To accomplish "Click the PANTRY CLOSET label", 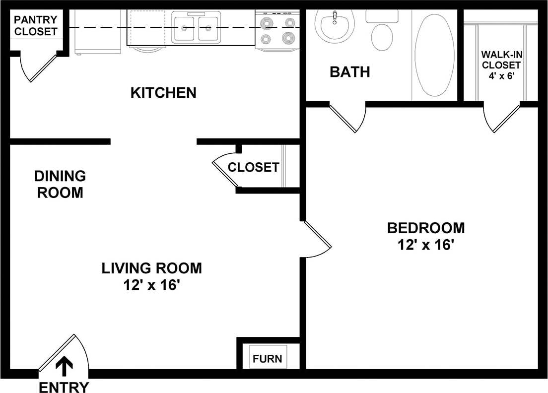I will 35,25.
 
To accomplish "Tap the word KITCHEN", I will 163,93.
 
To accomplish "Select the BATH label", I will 350,72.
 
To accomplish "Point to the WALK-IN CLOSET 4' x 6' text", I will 501,65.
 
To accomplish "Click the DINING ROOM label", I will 60,184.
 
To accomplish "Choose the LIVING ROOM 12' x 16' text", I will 151,276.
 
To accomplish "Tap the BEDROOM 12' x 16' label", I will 426,236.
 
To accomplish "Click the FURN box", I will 268,358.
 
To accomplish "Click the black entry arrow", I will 64,366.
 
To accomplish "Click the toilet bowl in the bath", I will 382,37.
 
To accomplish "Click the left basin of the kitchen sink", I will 184,29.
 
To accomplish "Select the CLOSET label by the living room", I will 253,167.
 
